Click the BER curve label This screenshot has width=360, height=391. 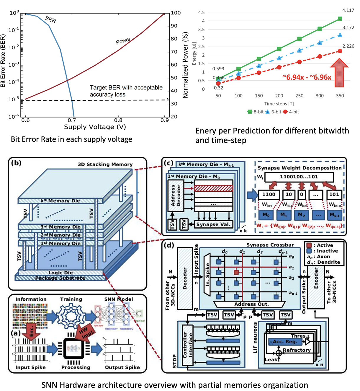click(x=50, y=19)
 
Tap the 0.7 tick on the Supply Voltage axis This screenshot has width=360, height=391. click(x=72, y=120)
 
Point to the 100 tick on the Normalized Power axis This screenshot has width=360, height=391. click(x=176, y=13)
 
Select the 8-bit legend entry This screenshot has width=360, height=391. click(x=256, y=112)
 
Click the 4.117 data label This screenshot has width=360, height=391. click(x=348, y=10)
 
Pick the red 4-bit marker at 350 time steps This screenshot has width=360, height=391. click(x=340, y=51)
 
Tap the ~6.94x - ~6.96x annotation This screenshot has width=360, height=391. click(x=307, y=77)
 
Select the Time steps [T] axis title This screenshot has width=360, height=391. click(x=279, y=104)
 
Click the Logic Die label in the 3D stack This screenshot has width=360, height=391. click(x=60, y=273)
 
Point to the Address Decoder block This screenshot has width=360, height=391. click(x=176, y=195)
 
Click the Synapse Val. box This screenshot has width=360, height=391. click(x=213, y=224)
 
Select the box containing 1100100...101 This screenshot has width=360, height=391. click(x=299, y=177)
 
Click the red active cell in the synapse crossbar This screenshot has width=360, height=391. click(x=236, y=272)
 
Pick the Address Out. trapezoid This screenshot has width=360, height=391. click(x=249, y=304)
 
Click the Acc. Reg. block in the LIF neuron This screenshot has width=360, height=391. click(x=285, y=342)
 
